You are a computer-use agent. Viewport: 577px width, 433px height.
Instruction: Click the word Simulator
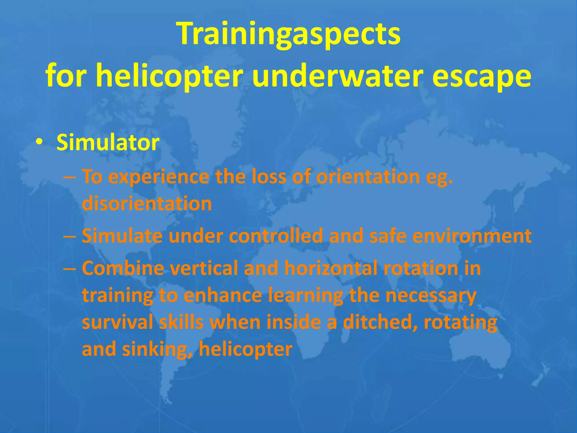tap(108, 142)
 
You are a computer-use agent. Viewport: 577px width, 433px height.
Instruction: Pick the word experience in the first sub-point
tap(159, 177)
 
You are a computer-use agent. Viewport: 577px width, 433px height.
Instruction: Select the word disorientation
tap(147, 204)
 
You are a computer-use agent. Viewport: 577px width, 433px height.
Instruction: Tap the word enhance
tap(223, 295)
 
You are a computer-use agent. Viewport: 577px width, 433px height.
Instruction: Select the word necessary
tap(431, 295)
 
